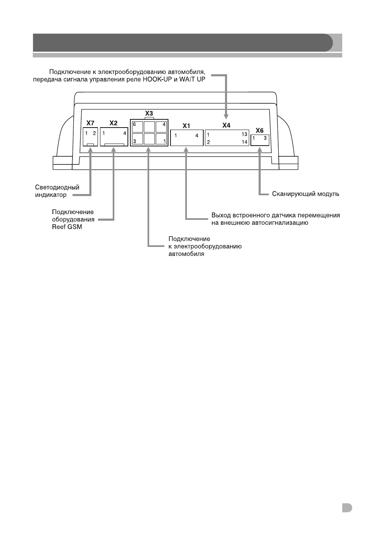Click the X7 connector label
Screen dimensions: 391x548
(90, 123)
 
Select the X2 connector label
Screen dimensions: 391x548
(114, 123)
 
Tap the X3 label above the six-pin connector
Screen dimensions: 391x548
(149, 113)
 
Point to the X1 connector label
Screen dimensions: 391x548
(186, 126)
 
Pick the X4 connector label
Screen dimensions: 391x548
(226, 125)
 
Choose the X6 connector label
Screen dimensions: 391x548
(259, 130)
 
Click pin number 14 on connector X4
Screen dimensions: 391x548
(244, 142)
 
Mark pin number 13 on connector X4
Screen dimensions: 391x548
(244, 134)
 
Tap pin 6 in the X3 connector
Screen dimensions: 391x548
(134, 125)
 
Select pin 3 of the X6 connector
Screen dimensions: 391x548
(265, 138)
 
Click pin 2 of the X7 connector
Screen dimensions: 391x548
(94, 133)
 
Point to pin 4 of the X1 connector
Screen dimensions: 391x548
(197, 135)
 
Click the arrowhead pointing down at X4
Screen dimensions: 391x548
(226, 116)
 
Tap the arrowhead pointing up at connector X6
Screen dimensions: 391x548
(260, 149)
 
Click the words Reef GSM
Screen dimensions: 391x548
(67, 227)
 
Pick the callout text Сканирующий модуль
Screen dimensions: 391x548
(305, 194)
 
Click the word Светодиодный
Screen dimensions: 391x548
(57, 187)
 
